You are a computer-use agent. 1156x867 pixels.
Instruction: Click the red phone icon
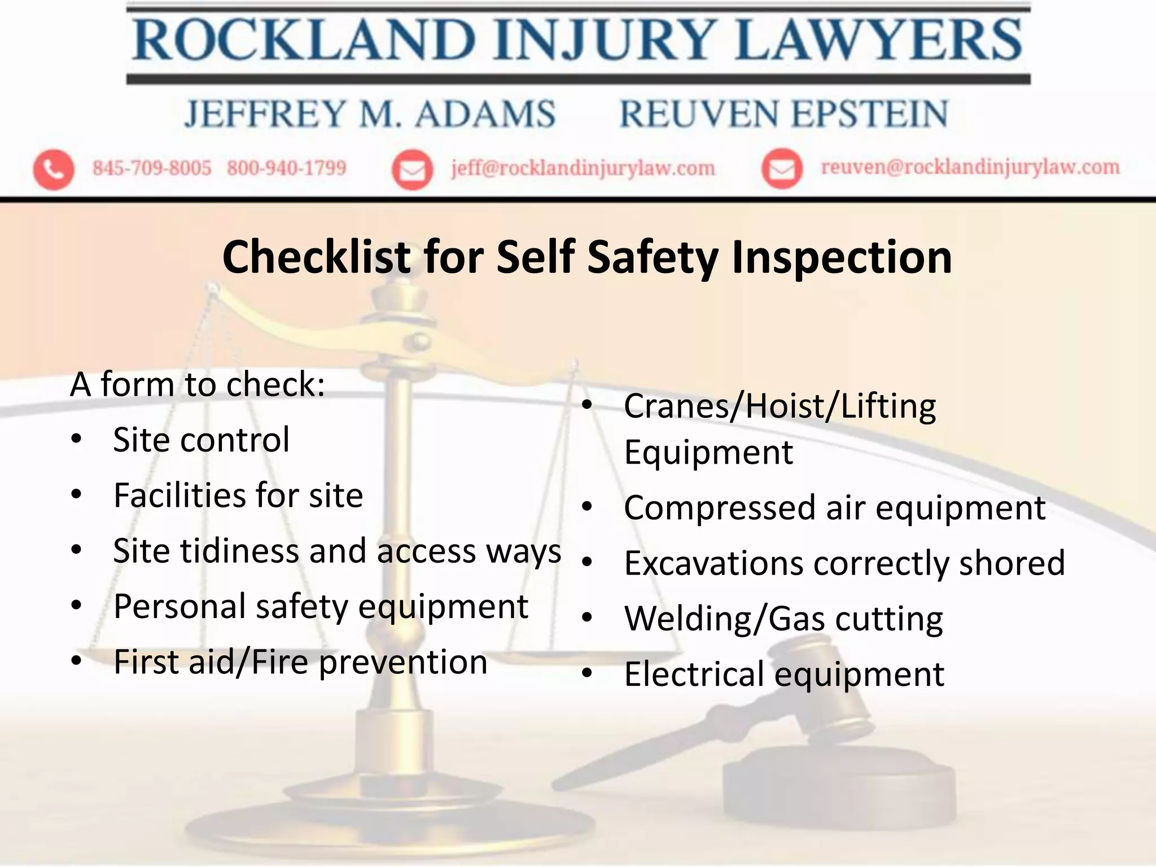pos(54,169)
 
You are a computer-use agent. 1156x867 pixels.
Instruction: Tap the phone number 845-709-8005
pos(152,168)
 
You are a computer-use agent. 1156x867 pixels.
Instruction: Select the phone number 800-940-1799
pos(286,168)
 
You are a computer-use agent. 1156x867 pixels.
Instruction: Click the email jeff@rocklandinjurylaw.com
pos(583,168)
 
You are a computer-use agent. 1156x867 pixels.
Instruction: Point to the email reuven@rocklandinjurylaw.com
pos(970,167)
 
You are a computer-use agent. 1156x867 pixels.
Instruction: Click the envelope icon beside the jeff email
pos(413,169)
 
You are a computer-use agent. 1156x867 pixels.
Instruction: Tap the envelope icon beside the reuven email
pos(782,168)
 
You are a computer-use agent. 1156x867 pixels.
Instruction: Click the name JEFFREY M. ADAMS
pos(370,114)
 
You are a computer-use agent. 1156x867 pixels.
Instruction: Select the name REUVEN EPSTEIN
pos(784,114)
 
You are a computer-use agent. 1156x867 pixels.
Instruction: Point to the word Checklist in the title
pos(316,257)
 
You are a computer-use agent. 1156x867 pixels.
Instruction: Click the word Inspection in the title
pos(842,257)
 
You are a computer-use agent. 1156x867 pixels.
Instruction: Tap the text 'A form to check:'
pos(198,384)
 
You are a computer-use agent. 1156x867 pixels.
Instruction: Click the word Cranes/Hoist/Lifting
pos(780,406)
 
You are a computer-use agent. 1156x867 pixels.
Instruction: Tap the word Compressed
pos(719,507)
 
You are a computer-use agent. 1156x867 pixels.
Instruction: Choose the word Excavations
pos(713,563)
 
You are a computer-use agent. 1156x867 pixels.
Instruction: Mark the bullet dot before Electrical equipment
pos(588,673)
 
